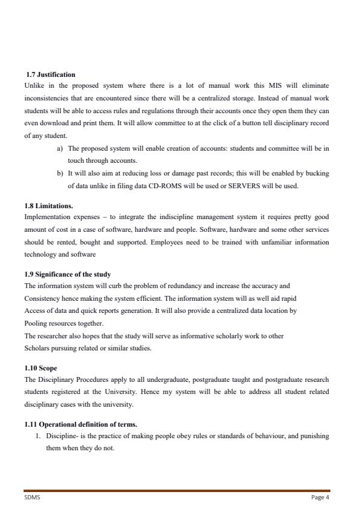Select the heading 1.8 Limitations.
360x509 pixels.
coord(48,206)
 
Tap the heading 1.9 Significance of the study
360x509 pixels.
coord(67,275)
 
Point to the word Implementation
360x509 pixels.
coord(47,216)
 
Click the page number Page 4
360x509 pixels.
coord(320,498)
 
